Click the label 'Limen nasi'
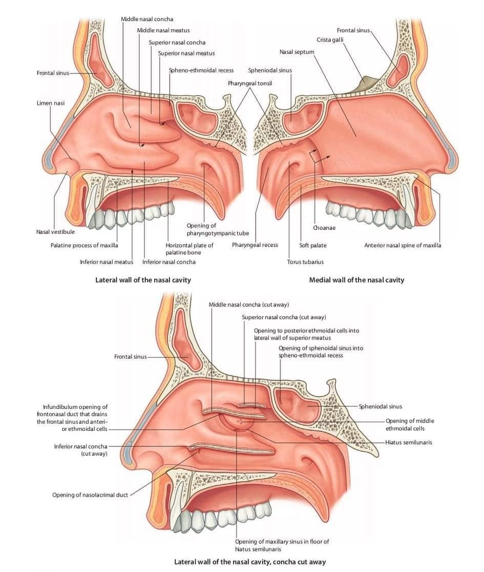coord(50,103)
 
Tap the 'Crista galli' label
coord(330,40)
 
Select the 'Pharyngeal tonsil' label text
coord(250,83)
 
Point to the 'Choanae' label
coord(324,228)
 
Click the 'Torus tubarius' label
coord(305,262)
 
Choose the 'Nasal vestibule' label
coord(55,232)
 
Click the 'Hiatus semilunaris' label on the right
coord(409,442)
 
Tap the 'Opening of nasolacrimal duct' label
coord(90,495)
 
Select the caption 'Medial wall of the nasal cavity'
coord(356,280)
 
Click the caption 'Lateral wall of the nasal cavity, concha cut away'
coord(250,562)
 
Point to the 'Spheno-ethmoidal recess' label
coord(201,70)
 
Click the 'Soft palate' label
coord(313,245)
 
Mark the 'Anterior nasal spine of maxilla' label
coord(403,245)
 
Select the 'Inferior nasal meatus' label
coord(107,262)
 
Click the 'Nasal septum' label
coord(297,52)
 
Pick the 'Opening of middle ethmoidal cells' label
coord(410,425)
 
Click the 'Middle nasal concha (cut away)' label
coord(249,305)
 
